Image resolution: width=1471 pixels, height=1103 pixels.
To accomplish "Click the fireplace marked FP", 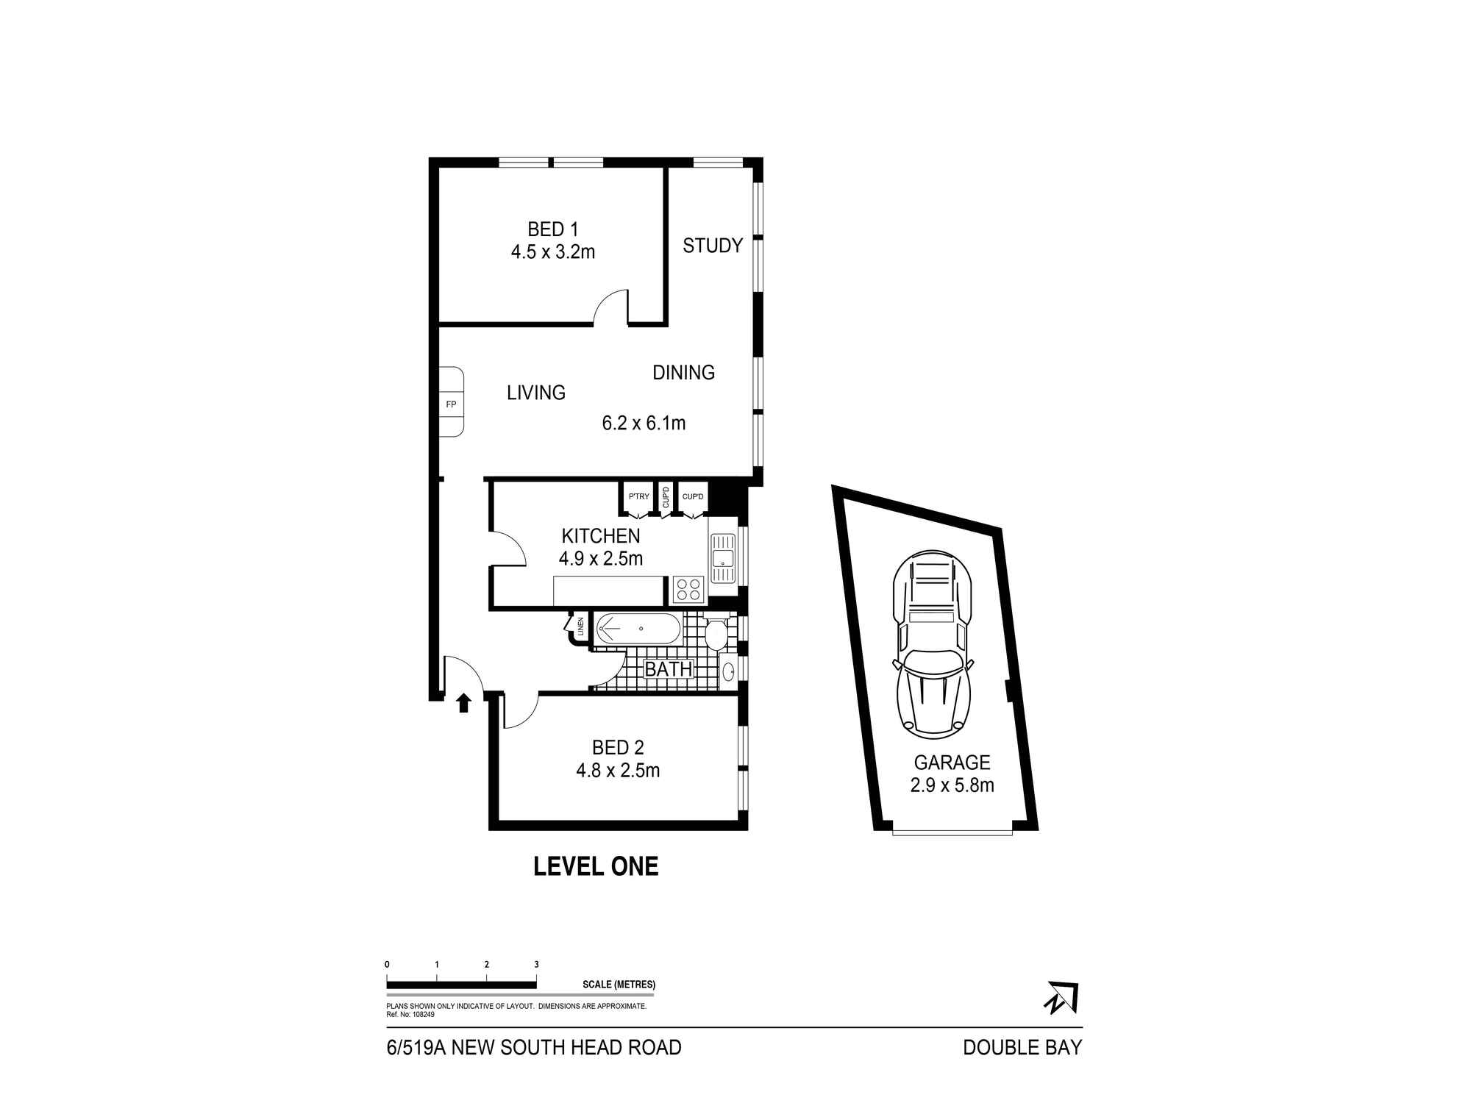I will point(451,403).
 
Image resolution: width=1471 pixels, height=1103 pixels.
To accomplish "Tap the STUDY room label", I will point(712,246).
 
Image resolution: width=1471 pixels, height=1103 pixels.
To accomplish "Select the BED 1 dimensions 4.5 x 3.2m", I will point(552,252).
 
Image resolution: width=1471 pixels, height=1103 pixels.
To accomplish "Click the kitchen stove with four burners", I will point(689,589).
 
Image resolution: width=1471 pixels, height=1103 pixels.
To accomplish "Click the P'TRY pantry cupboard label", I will point(638,497).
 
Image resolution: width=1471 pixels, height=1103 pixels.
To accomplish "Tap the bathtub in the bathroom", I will point(638,629).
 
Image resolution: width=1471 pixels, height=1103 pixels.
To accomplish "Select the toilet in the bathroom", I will point(716,633).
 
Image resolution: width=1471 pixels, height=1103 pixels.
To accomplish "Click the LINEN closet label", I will point(580,627).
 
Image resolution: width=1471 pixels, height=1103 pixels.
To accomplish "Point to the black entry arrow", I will point(463,703).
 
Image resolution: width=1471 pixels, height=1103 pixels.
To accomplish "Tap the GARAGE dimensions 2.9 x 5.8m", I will point(952,785).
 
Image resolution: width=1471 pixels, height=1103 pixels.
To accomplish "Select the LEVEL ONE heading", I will point(595,866).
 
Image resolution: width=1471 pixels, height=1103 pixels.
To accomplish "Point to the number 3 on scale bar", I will point(536,964).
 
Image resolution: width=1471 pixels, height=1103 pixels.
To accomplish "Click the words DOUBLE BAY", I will point(1022,1047).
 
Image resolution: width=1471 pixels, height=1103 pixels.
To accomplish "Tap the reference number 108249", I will point(422,1014).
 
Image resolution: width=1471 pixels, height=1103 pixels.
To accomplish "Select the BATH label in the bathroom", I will point(668,669).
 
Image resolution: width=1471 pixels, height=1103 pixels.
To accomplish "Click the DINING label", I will point(683,373).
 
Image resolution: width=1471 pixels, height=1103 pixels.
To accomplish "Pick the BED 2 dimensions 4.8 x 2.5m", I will point(617,771).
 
